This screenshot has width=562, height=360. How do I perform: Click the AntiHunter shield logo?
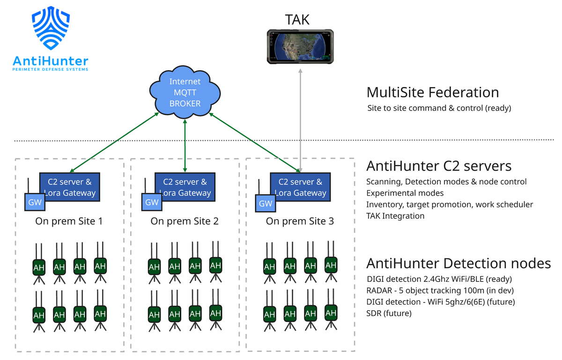(x=50, y=29)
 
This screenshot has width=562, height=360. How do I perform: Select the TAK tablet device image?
(x=300, y=46)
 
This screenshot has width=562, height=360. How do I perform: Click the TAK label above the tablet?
(x=297, y=19)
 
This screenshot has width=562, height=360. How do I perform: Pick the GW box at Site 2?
(x=152, y=203)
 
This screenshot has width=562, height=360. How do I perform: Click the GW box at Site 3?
(x=266, y=203)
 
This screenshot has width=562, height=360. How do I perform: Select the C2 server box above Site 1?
(x=70, y=187)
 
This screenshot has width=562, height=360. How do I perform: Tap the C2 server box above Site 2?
(x=185, y=187)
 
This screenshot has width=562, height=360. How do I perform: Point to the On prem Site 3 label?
(x=300, y=221)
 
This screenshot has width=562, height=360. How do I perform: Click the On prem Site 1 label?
(x=69, y=221)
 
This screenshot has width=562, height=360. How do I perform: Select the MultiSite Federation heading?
(x=432, y=92)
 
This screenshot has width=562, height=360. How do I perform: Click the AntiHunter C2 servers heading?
(x=438, y=166)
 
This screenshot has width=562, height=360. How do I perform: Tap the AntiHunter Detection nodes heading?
(x=458, y=263)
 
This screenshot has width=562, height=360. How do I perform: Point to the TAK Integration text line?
(x=395, y=216)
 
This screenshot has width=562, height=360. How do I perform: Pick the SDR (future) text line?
(x=389, y=313)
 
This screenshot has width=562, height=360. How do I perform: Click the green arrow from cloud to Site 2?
(x=185, y=145)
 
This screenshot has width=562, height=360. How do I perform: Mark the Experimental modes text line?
(x=405, y=193)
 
